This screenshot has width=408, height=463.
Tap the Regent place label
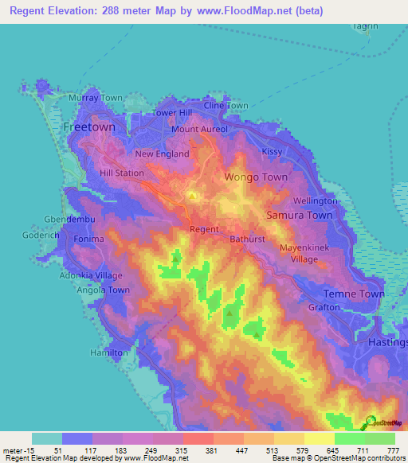[204, 229]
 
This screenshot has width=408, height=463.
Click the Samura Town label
[299, 216]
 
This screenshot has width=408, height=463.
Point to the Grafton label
[324, 307]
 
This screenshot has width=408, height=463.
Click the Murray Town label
[96, 98]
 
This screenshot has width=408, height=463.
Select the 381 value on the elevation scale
[212, 450]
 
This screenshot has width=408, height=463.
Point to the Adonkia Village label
[92, 275]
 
